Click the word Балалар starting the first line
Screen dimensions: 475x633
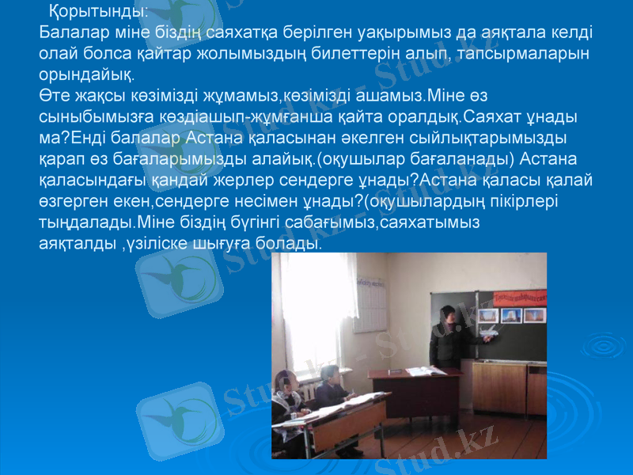[x=70, y=33]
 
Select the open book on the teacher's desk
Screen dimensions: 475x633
[x=426, y=370]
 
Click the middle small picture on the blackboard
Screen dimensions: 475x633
[x=511, y=315]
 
